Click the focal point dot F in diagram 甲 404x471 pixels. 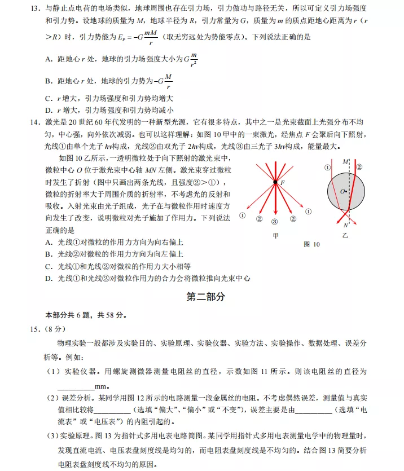pos(275,182)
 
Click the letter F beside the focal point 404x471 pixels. pos(283,183)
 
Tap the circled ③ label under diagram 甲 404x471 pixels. pos(275,222)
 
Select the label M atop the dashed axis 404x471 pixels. pos(346,161)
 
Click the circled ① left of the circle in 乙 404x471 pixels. pos(327,167)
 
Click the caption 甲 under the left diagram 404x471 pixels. pos(275,236)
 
